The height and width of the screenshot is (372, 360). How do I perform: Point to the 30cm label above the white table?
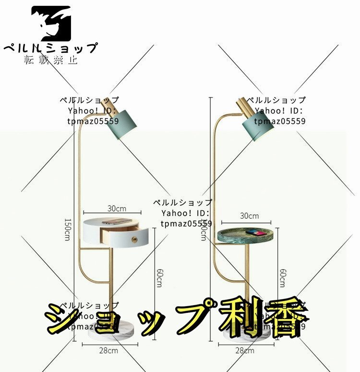(116, 209)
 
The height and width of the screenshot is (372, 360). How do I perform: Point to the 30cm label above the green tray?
(249, 216)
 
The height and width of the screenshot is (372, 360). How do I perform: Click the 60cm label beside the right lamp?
(284, 279)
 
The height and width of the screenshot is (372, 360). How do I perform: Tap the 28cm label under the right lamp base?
(246, 351)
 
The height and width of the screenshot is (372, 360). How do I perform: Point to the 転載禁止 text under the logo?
(50, 60)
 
